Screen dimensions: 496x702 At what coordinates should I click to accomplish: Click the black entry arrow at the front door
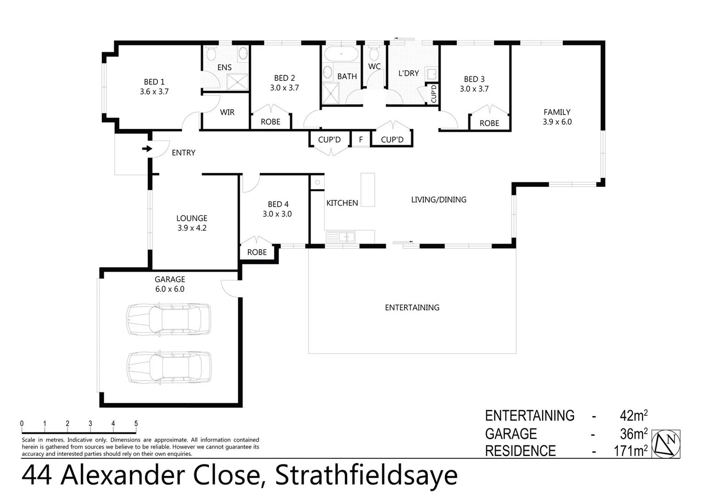coord(147,149)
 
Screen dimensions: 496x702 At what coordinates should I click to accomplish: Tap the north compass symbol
coord(666,444)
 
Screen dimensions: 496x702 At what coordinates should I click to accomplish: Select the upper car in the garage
coord(168,319)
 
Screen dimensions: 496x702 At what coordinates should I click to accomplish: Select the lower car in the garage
coord(169,367)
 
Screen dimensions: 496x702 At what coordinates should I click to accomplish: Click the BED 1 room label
coord(154,82)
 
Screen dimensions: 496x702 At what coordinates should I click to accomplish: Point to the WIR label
coord(227,112)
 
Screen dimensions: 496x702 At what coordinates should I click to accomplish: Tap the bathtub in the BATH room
coord(341,54)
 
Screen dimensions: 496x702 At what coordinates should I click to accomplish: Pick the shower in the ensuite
coord(237,82)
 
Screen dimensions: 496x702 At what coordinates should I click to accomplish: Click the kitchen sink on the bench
coord(341,237)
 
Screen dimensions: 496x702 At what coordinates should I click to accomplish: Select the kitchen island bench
coord(367,189)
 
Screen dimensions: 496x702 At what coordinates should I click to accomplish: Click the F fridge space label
coord(360,140)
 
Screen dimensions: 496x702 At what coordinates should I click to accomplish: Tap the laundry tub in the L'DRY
coord(431,73)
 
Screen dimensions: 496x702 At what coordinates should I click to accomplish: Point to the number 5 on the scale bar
coord(136,423)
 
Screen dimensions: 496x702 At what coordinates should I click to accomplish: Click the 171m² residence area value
coord(630,451)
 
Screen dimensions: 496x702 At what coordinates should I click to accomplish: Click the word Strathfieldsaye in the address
coord(366,475)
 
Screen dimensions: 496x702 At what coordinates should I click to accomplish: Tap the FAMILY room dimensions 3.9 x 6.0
coord(557,122)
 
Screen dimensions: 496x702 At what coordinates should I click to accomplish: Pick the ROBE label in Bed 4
coord(257,252)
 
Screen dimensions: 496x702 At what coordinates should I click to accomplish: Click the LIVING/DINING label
coord(438,199)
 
